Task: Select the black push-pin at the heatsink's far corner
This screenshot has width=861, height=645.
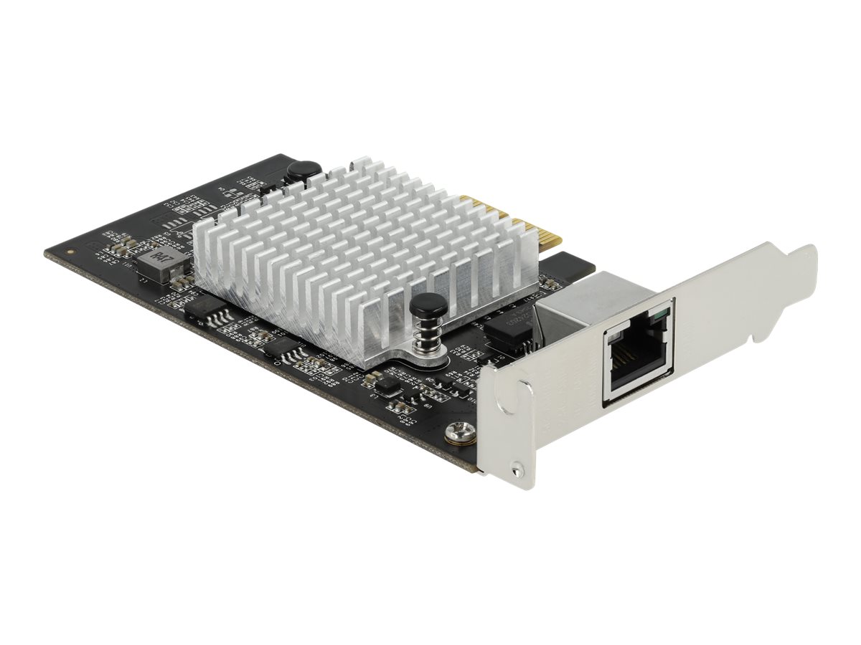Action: click(x=296, y=171)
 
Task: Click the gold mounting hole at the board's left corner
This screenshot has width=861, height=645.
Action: click(x=69, y=252)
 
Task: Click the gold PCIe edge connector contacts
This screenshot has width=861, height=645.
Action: click(x=502, y=216)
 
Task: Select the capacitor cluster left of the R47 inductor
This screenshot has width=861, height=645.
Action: click(x=122, y=246)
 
